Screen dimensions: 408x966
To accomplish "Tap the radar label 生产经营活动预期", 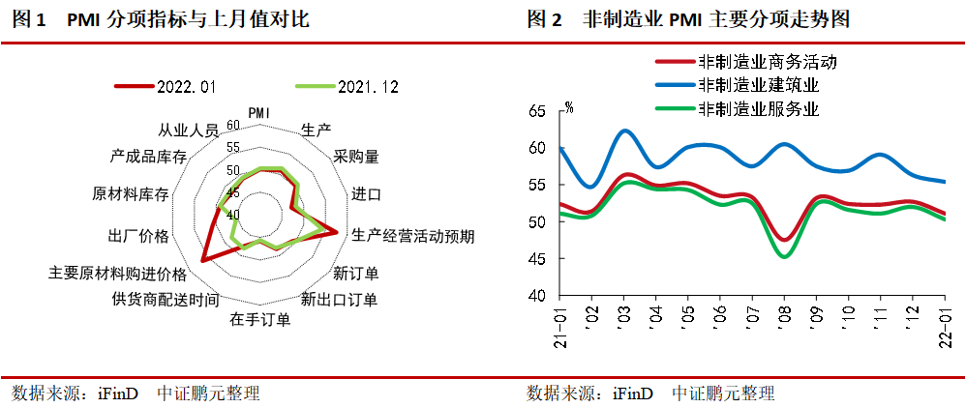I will coord(412,235).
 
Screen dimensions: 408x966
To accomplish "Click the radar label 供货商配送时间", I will coord(166,297).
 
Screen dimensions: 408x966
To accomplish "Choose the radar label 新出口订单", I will coord(339,297).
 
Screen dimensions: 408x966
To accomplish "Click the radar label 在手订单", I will coord(259,319).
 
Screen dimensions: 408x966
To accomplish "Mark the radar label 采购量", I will coord(355,155).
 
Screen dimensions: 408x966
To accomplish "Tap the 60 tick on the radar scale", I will coord(232,125).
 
